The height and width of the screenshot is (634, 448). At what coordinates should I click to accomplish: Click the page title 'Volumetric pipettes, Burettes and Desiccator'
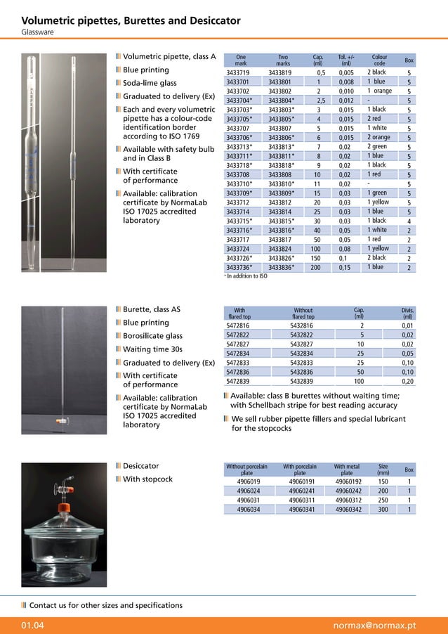(131, 20)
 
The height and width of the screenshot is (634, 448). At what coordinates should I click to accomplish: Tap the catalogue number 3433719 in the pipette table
(238, 72)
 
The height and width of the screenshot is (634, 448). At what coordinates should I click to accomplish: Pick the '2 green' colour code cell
(377, 146)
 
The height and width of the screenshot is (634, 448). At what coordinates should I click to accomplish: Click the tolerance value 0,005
(345, 72)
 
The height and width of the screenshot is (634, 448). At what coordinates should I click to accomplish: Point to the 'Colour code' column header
(379, 60)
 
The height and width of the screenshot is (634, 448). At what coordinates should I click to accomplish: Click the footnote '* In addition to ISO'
(246, 276)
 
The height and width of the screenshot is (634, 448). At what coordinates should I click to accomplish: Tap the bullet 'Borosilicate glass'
(152, 336)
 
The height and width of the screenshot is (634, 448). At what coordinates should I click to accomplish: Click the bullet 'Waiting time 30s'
(152, 349)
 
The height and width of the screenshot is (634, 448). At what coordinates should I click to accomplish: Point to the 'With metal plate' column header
(347, 470)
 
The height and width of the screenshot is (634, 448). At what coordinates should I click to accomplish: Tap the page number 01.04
(33, 625)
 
